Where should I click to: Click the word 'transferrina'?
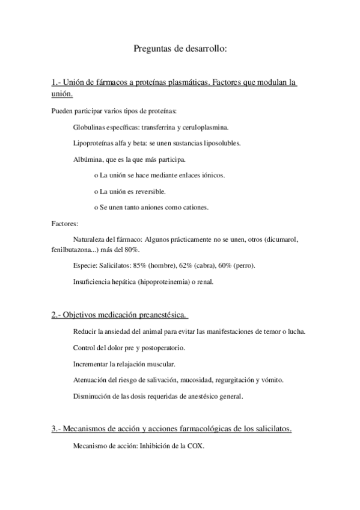161,128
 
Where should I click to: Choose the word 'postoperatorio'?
160,348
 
